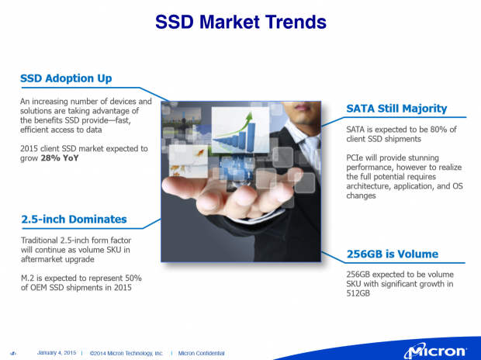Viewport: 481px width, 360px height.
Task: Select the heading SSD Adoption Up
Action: pos(66,78)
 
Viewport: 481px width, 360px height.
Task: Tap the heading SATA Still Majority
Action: pos(396,108)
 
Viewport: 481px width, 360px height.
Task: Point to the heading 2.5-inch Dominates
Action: pos(74,220)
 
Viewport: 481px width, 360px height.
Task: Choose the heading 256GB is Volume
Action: pos(392,254)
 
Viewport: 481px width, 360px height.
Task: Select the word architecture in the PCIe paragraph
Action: pos(371,186)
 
